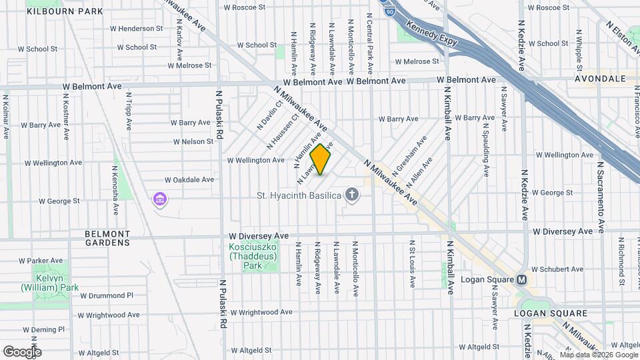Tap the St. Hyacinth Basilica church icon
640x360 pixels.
tap(352, 195)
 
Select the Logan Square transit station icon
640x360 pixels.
tap(521, 280)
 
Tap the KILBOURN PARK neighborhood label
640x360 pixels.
tap(66, 11)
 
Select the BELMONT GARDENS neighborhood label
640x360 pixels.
tap(107, 238)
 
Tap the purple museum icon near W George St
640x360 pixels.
tap(159, 199)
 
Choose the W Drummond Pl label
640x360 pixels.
tap(107, 295)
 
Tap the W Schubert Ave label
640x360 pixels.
tap(555, 270)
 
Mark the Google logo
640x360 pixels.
tap(22, 351)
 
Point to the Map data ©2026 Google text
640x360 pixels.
tap(598, 355)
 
